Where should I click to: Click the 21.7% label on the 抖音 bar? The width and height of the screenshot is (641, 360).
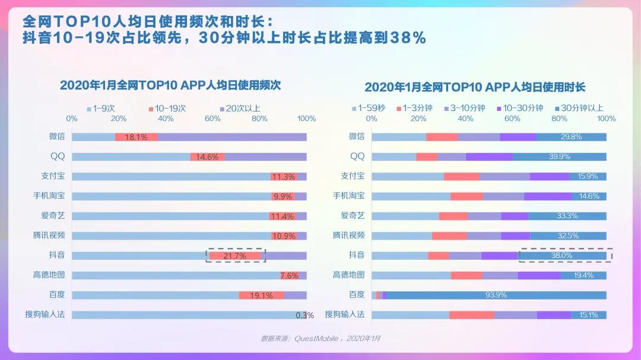pyautogui.click(x=234, y=256)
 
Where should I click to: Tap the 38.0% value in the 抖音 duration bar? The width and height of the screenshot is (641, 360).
pyautogui.click(x=561, y=256)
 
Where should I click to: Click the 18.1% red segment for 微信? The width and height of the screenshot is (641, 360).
pyautogui.click(x=136, y=137)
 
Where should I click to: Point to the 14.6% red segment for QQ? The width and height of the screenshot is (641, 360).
pyautogui.click(x=207, y=157)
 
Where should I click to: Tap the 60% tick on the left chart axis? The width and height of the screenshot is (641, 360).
pyautogui.click(x=212, y=119)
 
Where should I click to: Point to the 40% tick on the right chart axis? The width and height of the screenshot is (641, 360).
pyautogui.click(x=465, y=119)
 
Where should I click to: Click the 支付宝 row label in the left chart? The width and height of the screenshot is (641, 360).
pyautogui.click(x=57, y=176)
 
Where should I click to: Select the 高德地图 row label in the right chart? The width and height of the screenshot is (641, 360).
pyautogui.click(x=348, y=275)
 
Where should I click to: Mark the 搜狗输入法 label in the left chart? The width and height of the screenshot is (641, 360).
pyautogui.click(x=49, y=314)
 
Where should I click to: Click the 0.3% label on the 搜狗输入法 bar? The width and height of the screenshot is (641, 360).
pyautogui.click(x=305, y=315)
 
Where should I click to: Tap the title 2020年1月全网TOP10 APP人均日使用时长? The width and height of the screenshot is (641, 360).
pyautogui.click(x=475, y=87)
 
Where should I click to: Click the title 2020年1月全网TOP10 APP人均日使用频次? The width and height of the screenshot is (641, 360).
pyautogui.click(x=170, y=85)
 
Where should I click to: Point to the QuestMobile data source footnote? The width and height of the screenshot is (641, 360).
pyautogui.click(x=320, y=339)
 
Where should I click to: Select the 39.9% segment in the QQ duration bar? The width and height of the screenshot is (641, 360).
pyautogui.click(x=559, y=157)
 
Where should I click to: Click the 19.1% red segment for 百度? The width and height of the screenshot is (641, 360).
pyautogui.click(x=261, y=295)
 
